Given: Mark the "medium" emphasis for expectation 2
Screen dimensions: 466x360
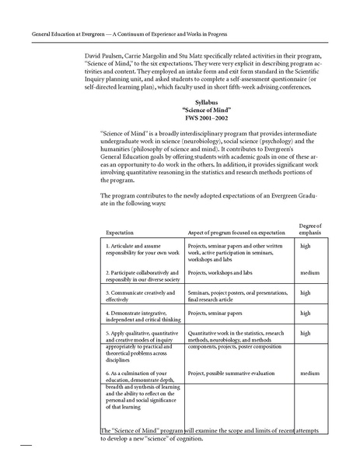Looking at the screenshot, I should coord(309,273).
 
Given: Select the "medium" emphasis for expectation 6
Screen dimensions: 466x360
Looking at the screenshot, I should coord(309,373).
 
